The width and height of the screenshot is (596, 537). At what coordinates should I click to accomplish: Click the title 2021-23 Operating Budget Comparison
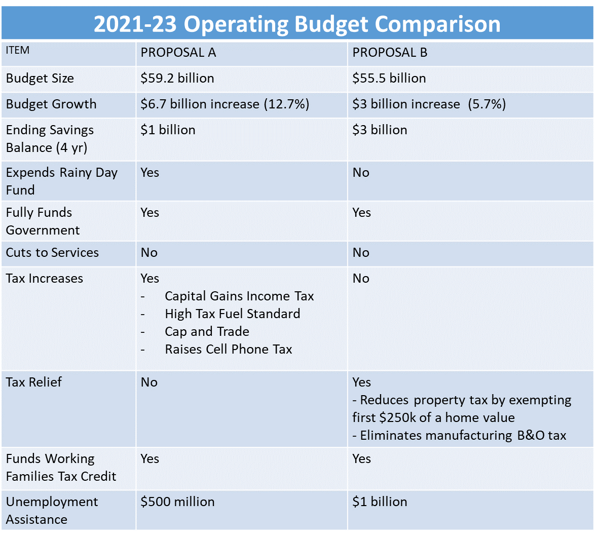[297, 24]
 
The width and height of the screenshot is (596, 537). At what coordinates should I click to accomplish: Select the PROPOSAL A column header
[178, 53]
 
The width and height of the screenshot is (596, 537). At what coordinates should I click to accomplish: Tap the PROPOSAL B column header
[390, 53]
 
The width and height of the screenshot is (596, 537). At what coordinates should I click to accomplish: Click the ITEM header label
[18, 50]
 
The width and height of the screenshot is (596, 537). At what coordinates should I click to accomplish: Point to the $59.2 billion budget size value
[177, 79]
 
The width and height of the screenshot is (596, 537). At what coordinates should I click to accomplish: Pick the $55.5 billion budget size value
[389, 79]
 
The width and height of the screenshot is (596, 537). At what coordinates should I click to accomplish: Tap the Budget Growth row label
[51, 104]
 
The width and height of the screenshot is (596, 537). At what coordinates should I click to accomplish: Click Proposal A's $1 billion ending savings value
[168, 130]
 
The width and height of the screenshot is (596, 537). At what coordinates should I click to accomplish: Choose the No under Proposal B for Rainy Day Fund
[361, 173]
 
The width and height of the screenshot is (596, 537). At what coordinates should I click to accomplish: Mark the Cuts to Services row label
[52, 253]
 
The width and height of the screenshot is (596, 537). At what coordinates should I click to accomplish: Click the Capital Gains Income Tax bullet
[239, 296]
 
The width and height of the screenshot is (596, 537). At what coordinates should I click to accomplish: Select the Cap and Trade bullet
[207, 332]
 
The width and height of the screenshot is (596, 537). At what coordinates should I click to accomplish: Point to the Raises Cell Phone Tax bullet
[229, 350]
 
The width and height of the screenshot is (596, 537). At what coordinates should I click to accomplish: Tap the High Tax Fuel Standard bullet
[232, 314]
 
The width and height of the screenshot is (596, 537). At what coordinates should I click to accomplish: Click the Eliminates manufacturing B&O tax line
[459, 436]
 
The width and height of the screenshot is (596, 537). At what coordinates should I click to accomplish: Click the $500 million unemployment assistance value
[177, 502]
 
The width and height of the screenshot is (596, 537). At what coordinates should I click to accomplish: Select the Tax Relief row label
[34, 382]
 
